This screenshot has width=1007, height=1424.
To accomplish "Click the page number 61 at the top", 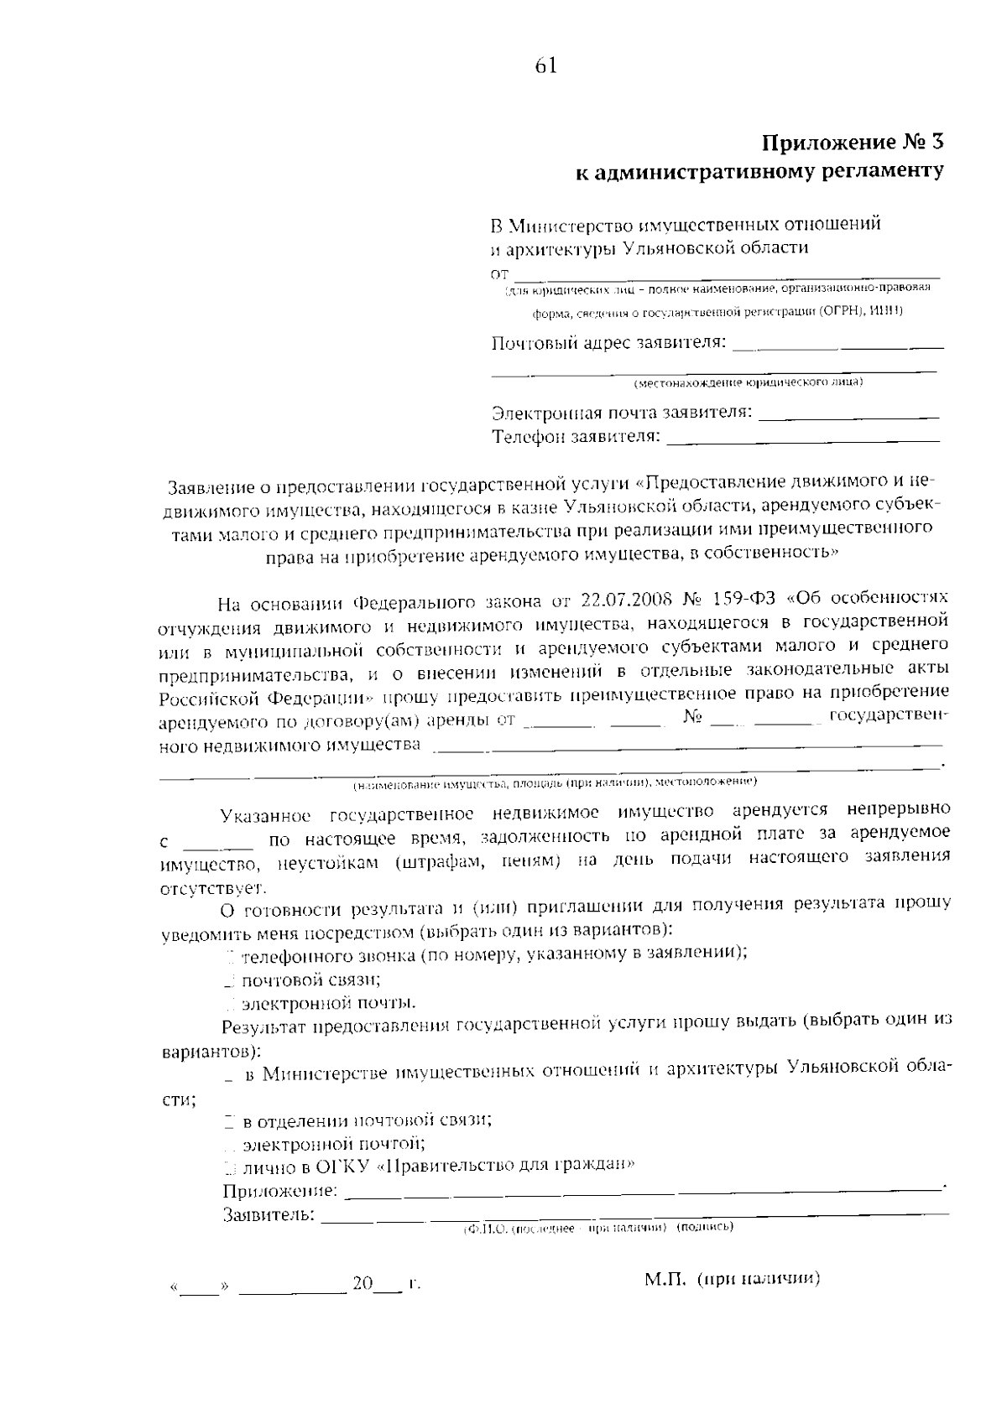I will click(x=545, y=66).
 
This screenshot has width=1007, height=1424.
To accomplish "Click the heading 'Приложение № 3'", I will click(x=853, y=143).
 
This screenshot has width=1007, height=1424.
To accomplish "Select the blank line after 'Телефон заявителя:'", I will click(x=803, y=438).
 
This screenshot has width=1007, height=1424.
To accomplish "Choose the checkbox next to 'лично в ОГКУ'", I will click(x=229, y=1167).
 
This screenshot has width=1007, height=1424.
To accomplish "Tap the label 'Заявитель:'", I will click(x=269, y=1214).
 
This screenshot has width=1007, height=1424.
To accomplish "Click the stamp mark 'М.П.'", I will click(x=666, y=1279).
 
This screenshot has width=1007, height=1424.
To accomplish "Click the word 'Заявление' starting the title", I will click(x=209, y=486).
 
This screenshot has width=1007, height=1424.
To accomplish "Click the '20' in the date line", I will click(x=363, y=1284).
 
